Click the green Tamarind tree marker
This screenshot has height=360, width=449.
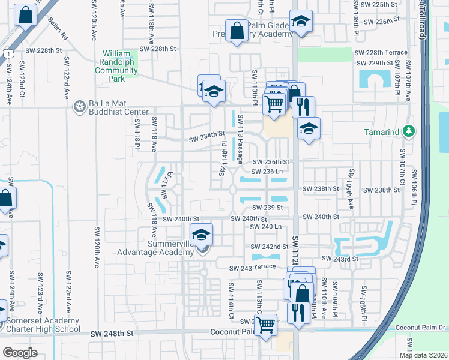coord(409,131)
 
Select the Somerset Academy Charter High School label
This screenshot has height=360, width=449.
coord(43,325)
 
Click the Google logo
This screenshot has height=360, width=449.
coord(20,352)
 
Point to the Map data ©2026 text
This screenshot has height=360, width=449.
coord(423,355)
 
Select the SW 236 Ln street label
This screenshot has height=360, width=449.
coord(267,172)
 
